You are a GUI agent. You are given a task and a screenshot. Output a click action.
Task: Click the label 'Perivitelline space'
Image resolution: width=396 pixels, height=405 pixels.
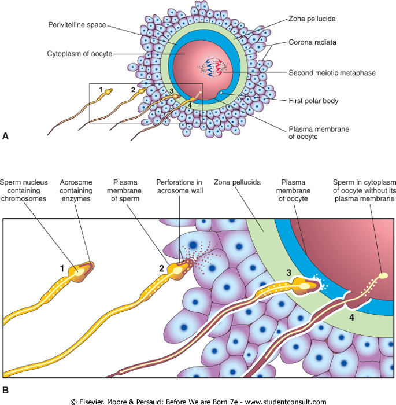click(78, 25)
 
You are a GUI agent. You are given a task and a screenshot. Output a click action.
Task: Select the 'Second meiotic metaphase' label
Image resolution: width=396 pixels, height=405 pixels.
click(332, 73)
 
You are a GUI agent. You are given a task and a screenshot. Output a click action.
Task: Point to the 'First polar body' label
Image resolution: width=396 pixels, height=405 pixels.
click(313, 101)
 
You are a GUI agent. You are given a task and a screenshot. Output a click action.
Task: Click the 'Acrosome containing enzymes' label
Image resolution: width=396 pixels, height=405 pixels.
click(80, 190)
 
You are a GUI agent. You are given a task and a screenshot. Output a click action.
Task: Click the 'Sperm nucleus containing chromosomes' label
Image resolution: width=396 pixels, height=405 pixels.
click(26, 190)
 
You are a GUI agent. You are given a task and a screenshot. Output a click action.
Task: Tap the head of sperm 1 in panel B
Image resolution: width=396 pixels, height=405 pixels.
click(81, 269)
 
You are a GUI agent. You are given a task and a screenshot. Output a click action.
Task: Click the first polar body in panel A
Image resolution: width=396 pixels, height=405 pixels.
click(221, 94)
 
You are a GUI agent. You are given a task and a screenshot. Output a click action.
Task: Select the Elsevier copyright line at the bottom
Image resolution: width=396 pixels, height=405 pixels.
click(198, 400)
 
